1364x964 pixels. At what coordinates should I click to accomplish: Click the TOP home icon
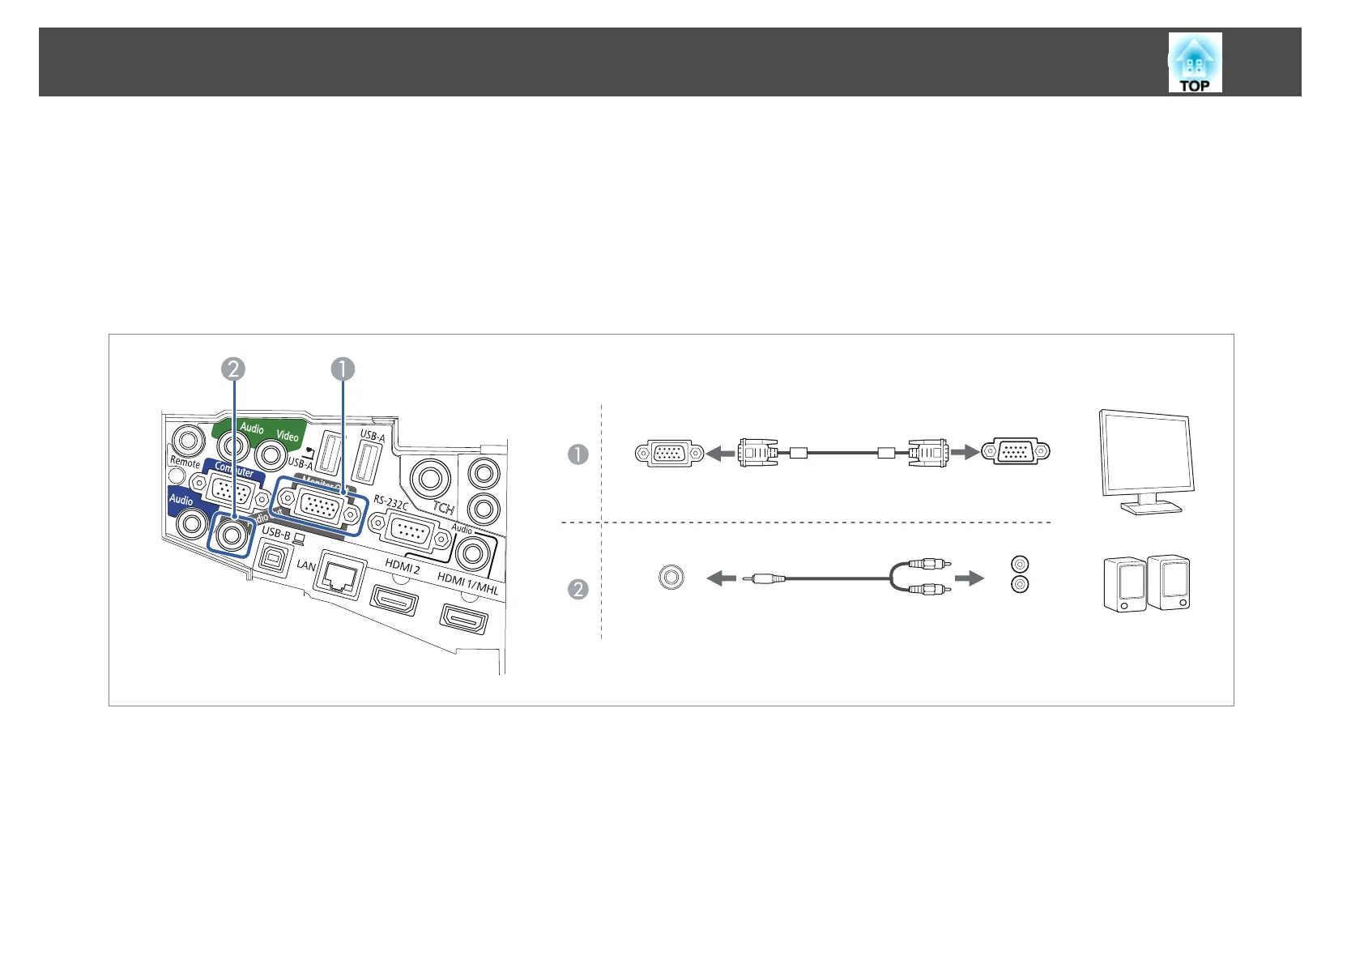tap(1194, 62)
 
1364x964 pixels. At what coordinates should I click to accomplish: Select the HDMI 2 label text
tap(403, 566)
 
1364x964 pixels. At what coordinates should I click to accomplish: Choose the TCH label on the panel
tap(443, 509)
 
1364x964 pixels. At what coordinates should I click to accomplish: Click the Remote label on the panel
tap(185, 463)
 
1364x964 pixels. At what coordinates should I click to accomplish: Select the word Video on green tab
tap(288, 436)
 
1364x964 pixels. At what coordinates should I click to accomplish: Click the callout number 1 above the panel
tap(343, 369)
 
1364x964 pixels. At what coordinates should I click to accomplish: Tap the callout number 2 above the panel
tap(232, 369)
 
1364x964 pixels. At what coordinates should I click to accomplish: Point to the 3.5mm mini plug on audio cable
tap(765, 578)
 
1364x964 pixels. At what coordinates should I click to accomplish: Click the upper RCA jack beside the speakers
tap(1021, 564)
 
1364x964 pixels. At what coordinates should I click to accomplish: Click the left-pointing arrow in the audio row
tap(722, 578)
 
